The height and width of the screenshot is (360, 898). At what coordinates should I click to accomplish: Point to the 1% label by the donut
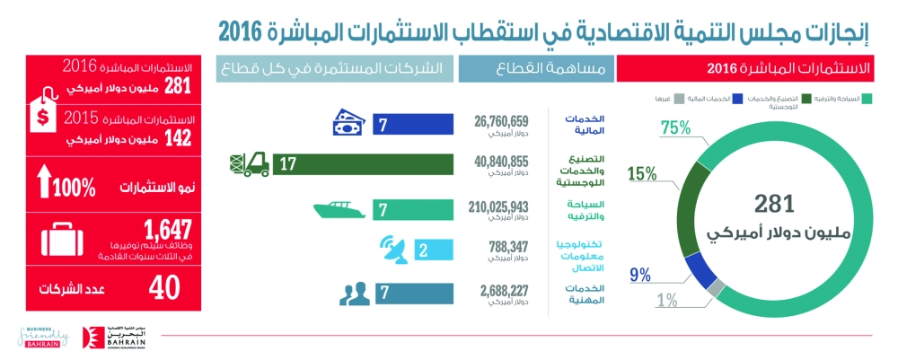(665, 301)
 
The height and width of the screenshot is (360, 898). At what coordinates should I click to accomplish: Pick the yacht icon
(341, 210)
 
